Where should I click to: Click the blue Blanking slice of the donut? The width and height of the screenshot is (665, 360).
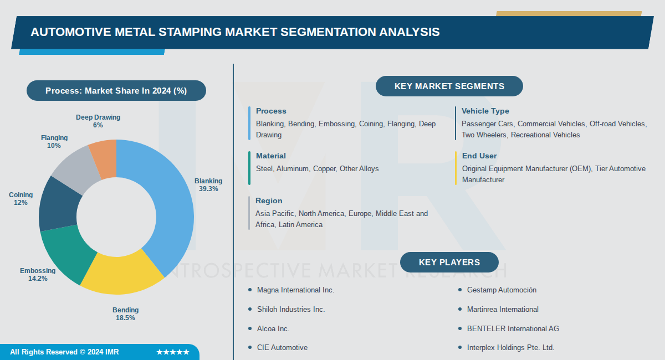(172, 205)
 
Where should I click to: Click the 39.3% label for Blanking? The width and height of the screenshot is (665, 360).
(208, 189)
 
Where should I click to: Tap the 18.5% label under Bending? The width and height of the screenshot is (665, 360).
(125, 318)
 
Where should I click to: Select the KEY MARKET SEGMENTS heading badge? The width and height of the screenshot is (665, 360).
(449, 86)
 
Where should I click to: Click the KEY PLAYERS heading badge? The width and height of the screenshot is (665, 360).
(449, 263)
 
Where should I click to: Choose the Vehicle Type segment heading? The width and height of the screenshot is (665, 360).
(485, 111)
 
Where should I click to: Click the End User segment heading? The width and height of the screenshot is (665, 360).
(479, 156)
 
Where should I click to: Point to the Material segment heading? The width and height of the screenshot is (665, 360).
(270, 156)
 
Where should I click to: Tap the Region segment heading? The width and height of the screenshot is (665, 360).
(269, 200)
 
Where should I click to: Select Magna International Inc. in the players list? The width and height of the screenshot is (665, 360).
(295, 290)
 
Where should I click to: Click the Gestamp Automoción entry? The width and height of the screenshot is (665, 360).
(502, 290)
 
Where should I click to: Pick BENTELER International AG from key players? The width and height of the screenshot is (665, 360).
(513, 328)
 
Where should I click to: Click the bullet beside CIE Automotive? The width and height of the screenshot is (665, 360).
(250, 347)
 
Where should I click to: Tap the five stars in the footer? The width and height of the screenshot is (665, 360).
(173, 352)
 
